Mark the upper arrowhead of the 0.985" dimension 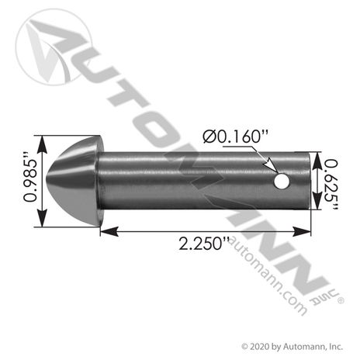click(x=35, y=140)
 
